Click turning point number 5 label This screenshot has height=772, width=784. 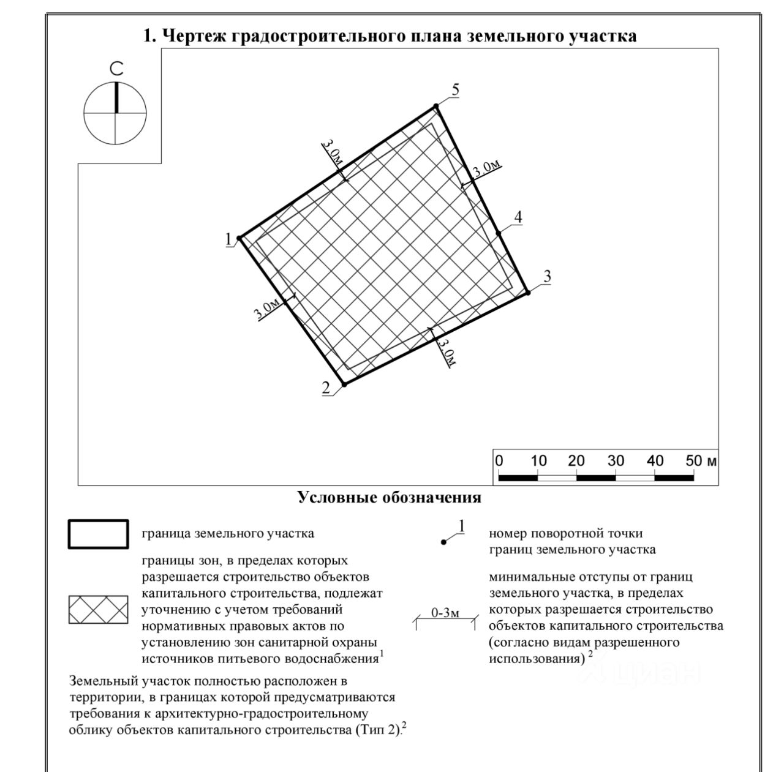(x=455, y=90)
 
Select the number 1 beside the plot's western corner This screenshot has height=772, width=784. (x=228, y=239)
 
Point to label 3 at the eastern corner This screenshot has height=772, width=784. (x=547, y=276)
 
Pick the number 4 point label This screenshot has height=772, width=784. (x=518, y=217)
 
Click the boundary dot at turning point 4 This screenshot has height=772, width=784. (x=499, y=233)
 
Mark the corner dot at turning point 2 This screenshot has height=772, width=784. (x=344, y=384)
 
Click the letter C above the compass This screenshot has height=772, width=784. (x=116, y=69)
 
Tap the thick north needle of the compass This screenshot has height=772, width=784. (x=116, y=97)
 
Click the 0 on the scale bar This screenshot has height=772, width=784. (x=499, y=461)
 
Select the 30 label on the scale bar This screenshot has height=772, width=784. (x=616, y=461)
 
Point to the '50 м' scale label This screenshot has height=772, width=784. (x=701, y=461)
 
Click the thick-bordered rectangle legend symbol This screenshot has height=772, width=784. (x=98, y=534)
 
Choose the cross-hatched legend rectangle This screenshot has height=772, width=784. (x=98, y=610)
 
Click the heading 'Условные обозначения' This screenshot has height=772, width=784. (x=389, y=497)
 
